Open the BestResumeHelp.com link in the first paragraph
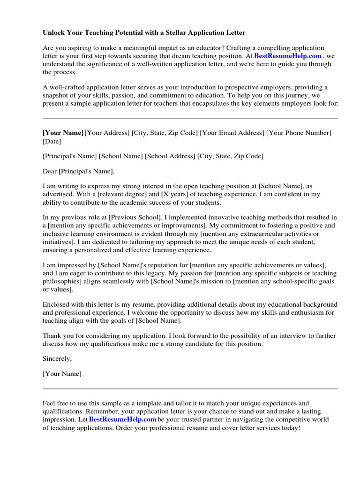coord(288,56)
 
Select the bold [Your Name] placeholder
coord(63,133)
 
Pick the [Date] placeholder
coord(52,141)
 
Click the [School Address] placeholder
coord(170,156)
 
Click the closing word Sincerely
coord(57,358)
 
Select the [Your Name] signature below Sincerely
coord(62,374)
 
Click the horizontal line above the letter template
coord(190,118)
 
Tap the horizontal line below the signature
coord(190,389)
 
